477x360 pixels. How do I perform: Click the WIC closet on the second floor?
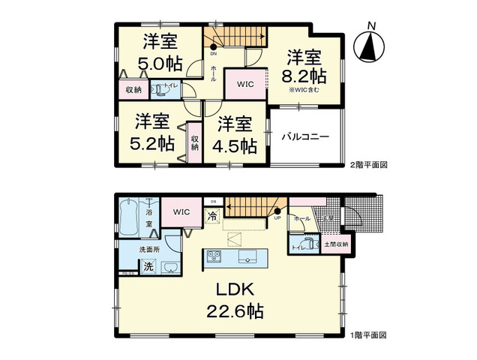(246, 85)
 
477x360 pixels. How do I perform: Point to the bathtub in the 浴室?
(129, 214)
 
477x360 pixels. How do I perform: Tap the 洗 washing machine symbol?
(148, 266)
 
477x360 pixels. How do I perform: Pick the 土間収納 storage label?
(335, 244)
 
